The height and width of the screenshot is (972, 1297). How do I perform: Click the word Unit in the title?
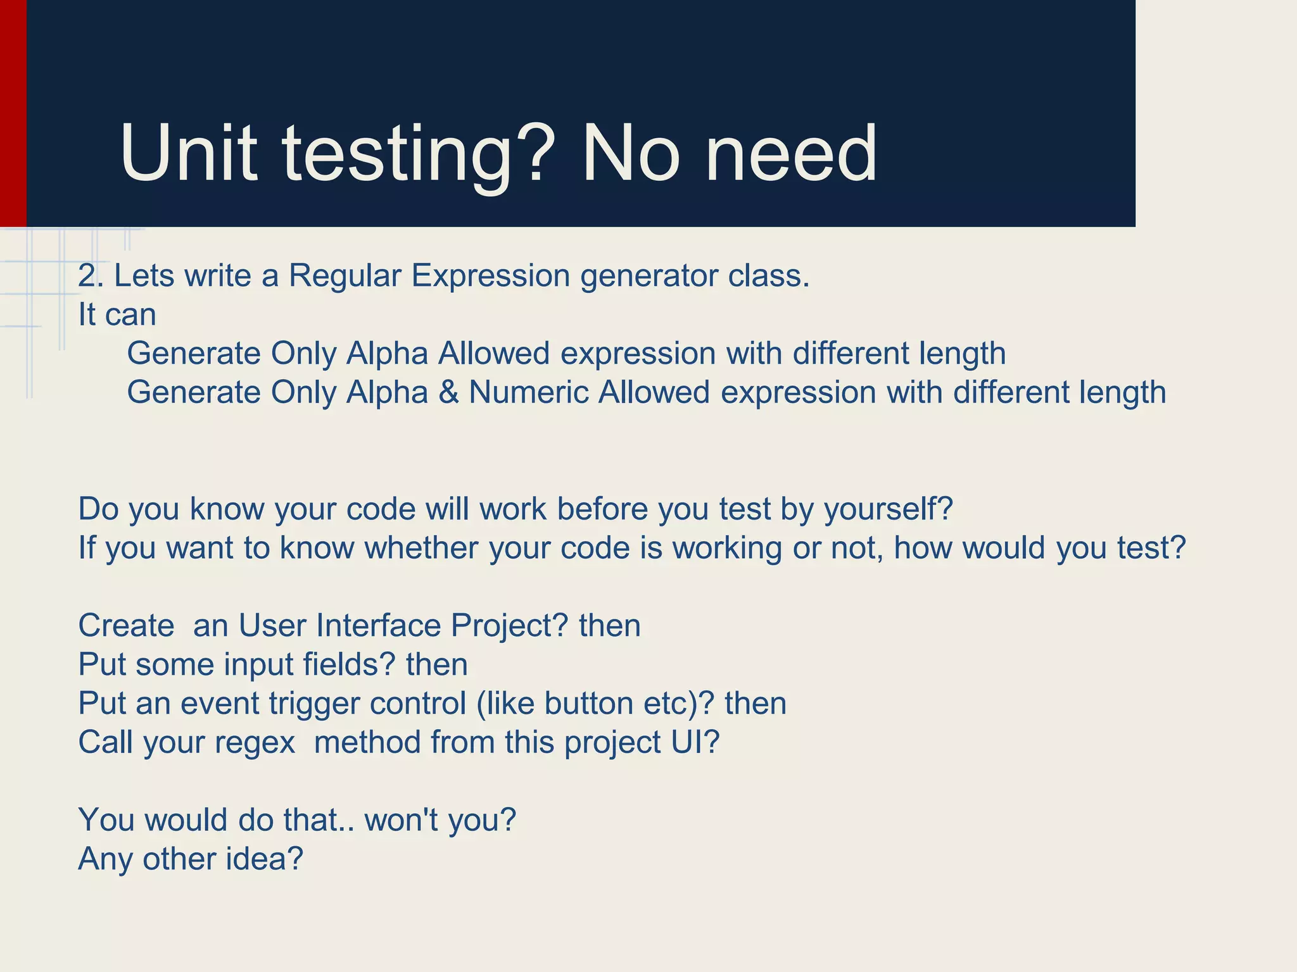pos(189,154)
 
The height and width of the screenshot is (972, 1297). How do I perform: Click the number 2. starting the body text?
pos(90,276)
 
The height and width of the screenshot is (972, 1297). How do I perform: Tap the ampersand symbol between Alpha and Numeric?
pos(448,392)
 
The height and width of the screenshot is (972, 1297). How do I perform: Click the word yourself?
pos(888,509)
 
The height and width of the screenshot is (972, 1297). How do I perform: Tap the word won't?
pos(402,820)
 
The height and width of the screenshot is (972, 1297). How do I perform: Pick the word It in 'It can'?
pos(87,315)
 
